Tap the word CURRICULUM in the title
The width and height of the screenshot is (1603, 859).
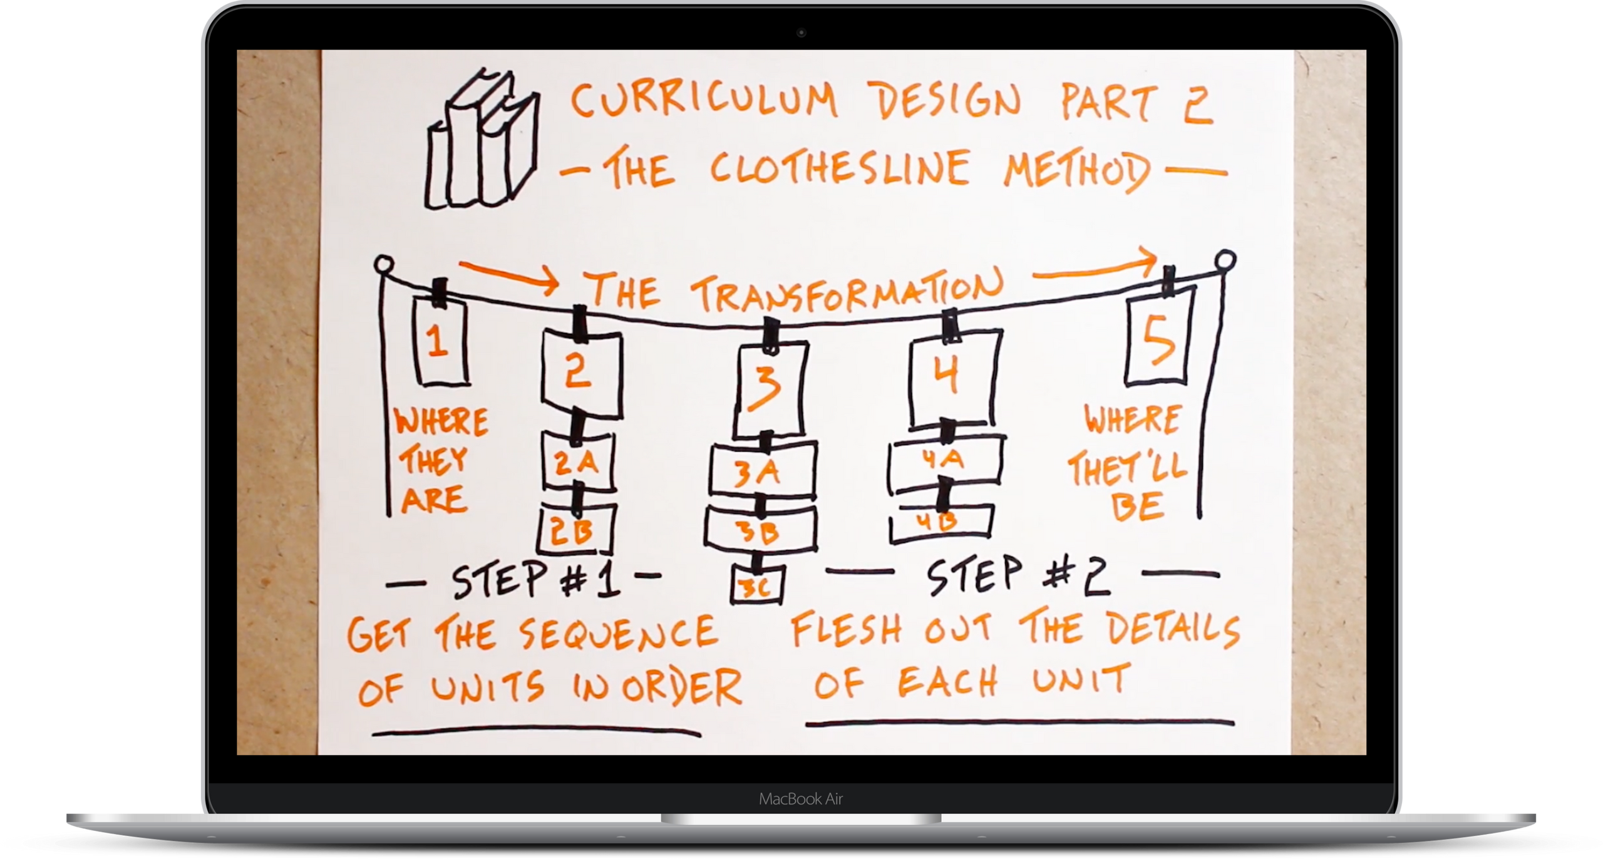(704, 100)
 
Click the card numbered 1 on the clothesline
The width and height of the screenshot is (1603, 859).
(441, 341)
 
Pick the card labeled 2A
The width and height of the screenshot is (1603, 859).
(577, 461)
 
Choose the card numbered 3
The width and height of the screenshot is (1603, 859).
(770, 388)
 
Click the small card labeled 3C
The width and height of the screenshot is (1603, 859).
(757, 585)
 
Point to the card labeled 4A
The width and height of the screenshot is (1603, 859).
(946, 461)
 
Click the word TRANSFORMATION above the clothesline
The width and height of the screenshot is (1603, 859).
(847, 291)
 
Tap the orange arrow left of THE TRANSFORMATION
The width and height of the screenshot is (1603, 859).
(509, 277)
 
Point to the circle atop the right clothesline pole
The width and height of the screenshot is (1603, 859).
(1225, 260)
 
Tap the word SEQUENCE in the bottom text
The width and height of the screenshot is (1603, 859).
(618, 633)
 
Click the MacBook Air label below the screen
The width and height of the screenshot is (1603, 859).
(801, 799)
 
